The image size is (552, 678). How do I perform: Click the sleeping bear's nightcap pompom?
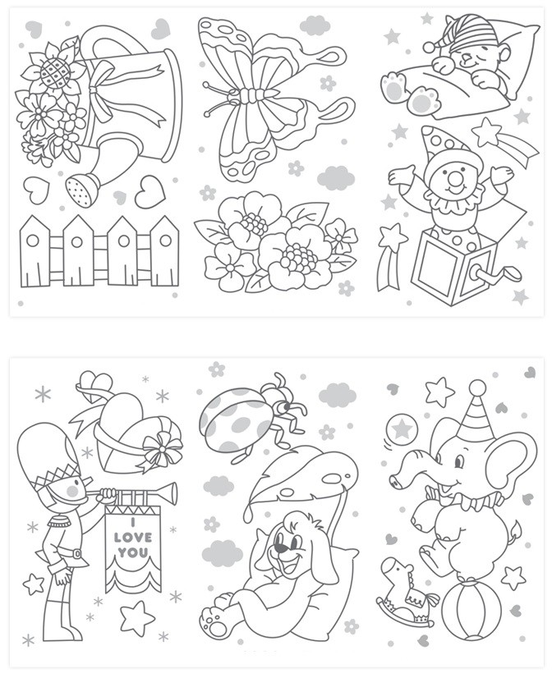tap(429, 46)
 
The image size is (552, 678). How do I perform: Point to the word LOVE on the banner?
tap(133, 538)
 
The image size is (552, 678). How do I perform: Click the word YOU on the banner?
tap(133, 552)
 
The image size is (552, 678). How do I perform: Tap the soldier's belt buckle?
tap(76, 553)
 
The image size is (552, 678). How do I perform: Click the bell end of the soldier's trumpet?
tap(172, 490)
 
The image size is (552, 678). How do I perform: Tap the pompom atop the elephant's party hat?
tap(477, 387)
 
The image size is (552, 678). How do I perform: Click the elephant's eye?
tap(459, 461)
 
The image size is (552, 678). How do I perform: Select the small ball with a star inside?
tap(402, 429)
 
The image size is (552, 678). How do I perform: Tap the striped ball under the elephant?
tap(471, 610)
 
